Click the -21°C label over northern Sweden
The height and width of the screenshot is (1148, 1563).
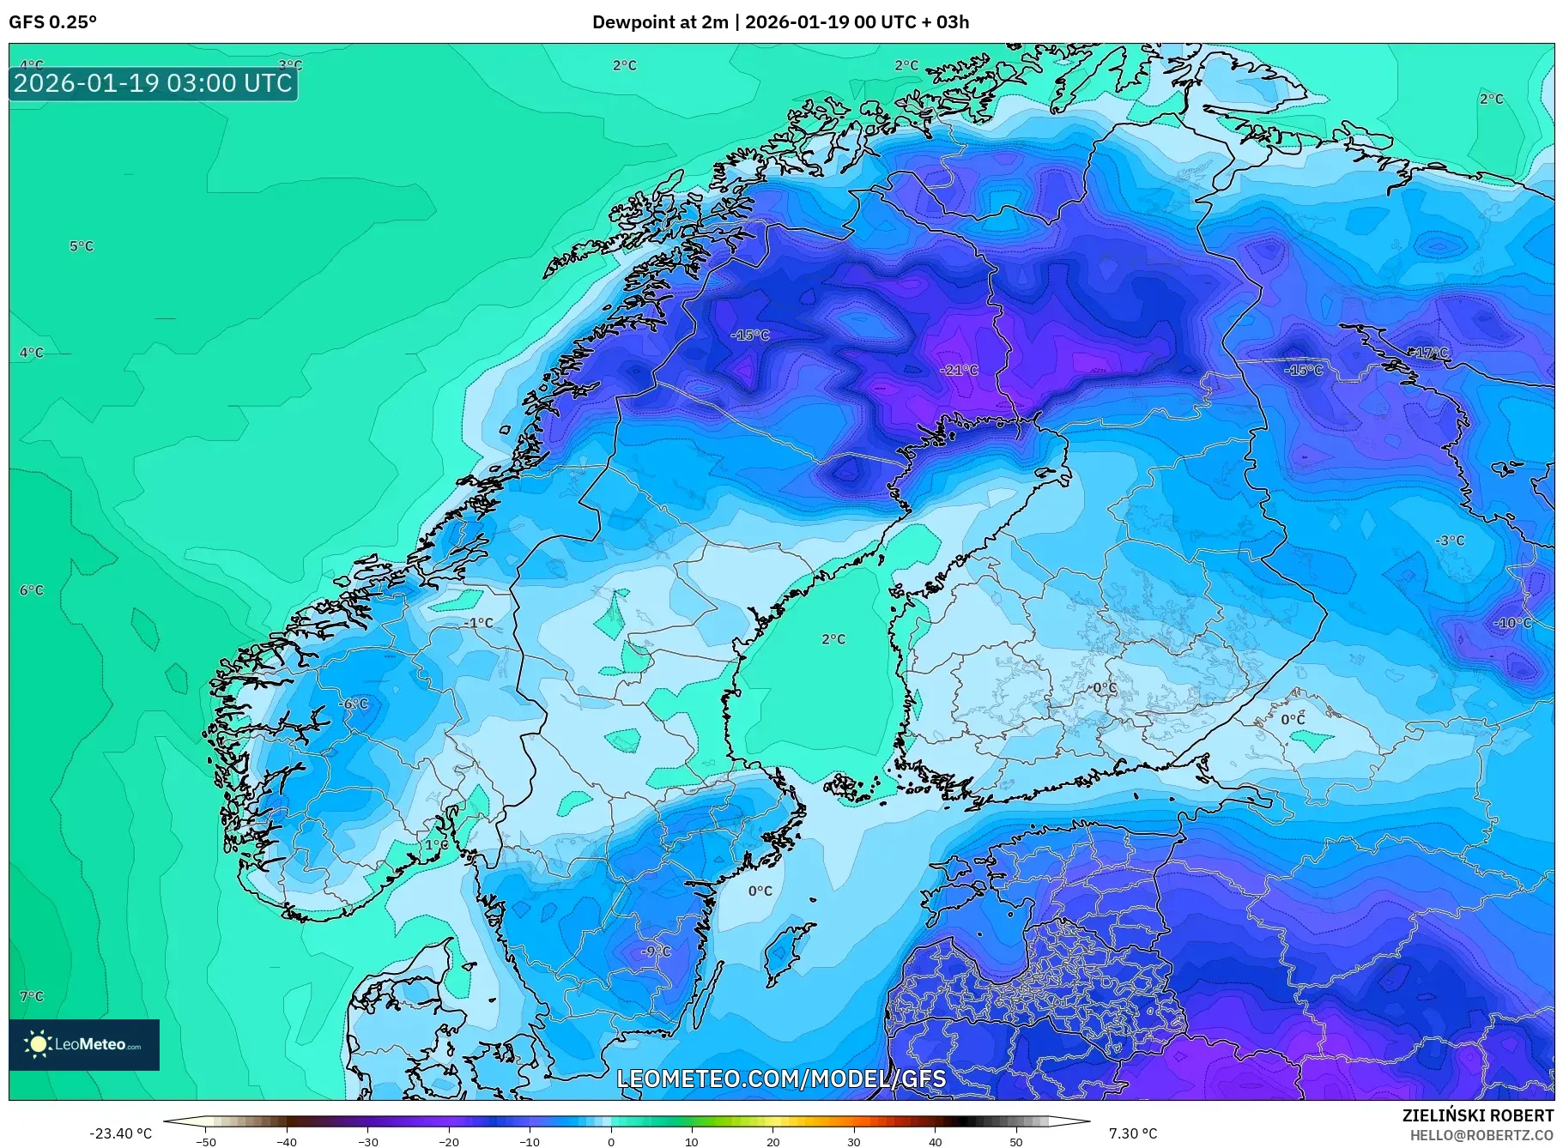pyautogui.click(x=959, y=370)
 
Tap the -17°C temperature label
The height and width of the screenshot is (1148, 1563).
pyautogui.click(x=1429, y=353)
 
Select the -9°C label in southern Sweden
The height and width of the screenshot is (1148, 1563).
pyautogui.click(x=656, y=952)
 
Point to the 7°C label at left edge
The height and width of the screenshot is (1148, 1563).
pyautogui.click(x=32, y=996)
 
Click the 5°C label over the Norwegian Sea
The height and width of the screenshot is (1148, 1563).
pyautogui.click(x=82, y=246)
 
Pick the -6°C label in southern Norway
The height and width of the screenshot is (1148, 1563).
pyautogui.click(x=353, y=704)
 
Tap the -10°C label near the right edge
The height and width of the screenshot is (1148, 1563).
pyautogui.click(x=1512, y=623)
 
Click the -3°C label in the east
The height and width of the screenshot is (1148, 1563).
pyautogui.click(x=1450, y=541)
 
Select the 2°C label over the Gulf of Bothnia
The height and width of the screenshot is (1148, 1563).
pyautogui.click(x=833, y=639)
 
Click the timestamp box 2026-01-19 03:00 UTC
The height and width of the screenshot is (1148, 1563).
pyautogui.click(x=154, y=83)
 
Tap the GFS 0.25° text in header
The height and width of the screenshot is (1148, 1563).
pyautogui.click(x=53, y=22)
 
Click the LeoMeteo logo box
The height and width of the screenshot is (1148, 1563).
pyautogui.click(x=84, y=1044)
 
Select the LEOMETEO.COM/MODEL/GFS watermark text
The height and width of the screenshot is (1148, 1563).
pyautogui.click(x=781, y=1079)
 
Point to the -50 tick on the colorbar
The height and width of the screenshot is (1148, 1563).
pyautogui.click(x=206, y=1141)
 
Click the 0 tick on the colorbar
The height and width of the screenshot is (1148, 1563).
pyautogui.click(x=611, y=1141)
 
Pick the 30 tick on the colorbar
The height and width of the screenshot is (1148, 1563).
pyautogui.click(x=854, y=1141)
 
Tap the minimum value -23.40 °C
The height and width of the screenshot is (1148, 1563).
pyautogui.click(x=120, y=1133)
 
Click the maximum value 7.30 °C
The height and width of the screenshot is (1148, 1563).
pyautogui.click(x=1133, y=1133)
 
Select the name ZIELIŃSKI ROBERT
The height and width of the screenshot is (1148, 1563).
pyautogui.click(x=1477, y=1115)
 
